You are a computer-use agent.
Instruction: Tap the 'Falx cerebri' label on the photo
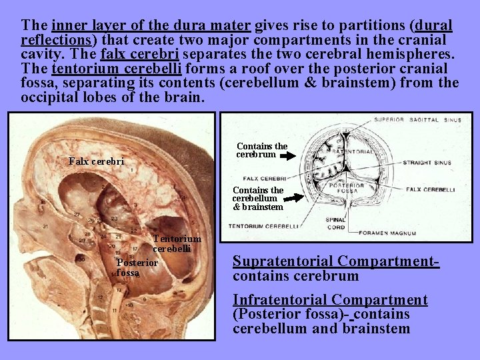[97, 161]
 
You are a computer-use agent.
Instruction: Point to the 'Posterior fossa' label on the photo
[137, 267]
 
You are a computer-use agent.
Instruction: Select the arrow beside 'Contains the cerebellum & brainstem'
[292, 198]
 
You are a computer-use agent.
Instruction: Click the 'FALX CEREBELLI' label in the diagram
[430, 189]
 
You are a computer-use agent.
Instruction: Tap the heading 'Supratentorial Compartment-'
[335, 261]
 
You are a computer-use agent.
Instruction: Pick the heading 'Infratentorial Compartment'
[330, 300]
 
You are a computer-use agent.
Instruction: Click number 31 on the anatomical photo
[27, 226]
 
